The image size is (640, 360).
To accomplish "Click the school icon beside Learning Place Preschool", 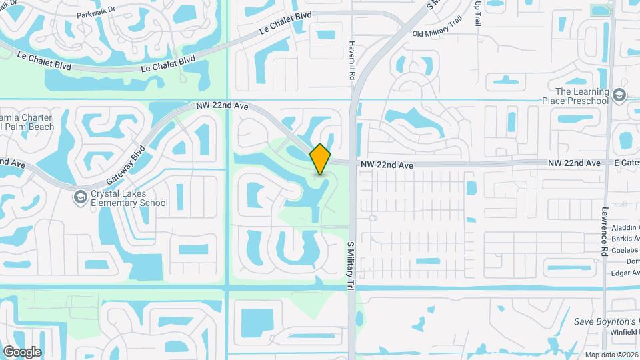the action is pyautogui.click(x=620, y=95).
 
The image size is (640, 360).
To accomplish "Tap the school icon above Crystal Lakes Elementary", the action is pyautogui.click(x=80, y=197).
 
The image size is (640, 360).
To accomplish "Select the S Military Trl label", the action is pyautogui.click(x=349, y=265).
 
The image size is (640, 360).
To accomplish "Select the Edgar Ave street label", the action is pyautogui.click(x=624, y=273).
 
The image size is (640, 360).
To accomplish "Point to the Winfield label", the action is pyautogui.click(x=623, y=331).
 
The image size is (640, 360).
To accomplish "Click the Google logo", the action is pyautogui.click(x=22, y=352).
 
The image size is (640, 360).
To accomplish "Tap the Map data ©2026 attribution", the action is pyautogui.click(x=611, y=355).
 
